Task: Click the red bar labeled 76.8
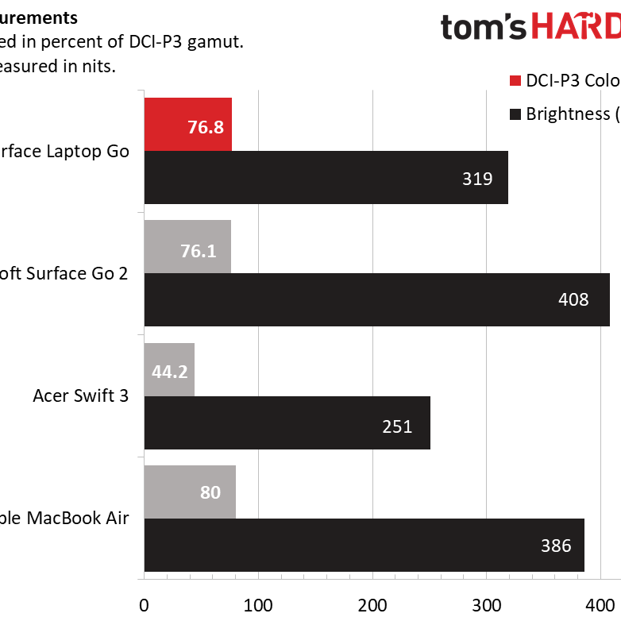coord(187,125)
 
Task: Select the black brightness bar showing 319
coord(326,178)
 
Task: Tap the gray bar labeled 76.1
coord(187,247)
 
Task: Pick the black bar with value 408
coord(376,299)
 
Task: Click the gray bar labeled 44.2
coord(169,369)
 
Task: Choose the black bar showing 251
coord(287,422)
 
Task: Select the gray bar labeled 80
coord(189,492)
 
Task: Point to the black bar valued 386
coord(364,545)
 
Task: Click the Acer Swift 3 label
coord(80,395)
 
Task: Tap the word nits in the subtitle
coord(100,67)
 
